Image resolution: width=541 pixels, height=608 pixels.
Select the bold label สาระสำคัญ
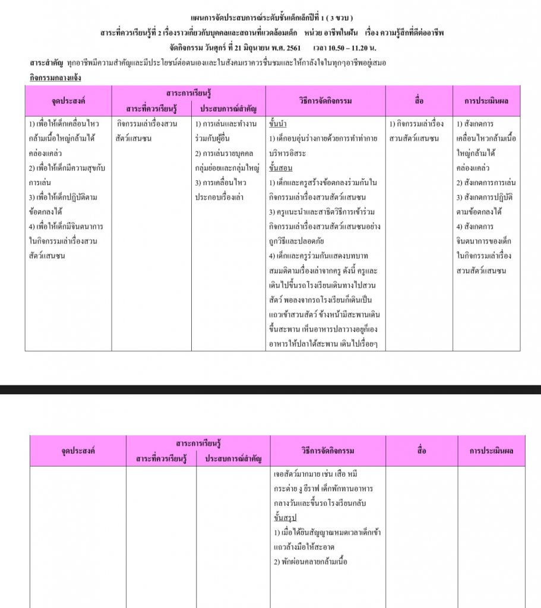coord(47,62)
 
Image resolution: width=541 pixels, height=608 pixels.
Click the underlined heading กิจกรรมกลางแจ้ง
coord(55,78)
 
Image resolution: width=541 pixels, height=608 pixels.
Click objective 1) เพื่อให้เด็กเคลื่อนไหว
coord(64,123)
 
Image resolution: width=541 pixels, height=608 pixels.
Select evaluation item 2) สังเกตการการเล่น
coord(486,182)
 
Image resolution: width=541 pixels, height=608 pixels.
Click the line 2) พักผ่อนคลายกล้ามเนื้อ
coord(311,561)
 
